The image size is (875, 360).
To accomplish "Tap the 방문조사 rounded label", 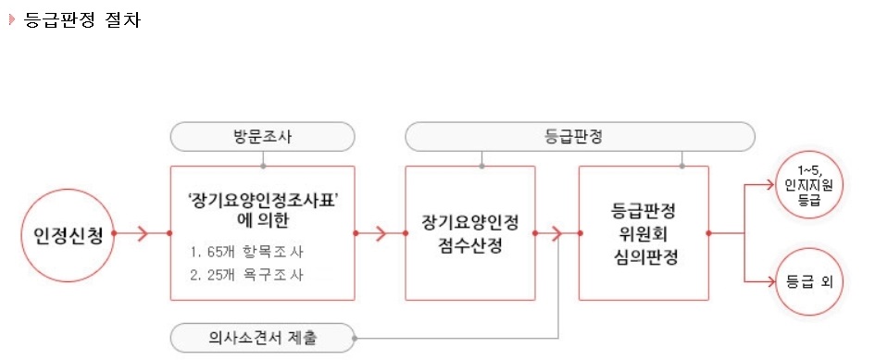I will point(262,137).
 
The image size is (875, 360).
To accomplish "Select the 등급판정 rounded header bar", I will point(581,137).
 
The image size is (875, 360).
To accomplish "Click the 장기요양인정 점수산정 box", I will point(470,232).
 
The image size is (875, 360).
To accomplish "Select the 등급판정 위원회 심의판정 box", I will point(645,232).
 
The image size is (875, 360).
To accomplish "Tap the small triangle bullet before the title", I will point(11,20).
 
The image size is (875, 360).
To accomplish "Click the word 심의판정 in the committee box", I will point(645,256).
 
